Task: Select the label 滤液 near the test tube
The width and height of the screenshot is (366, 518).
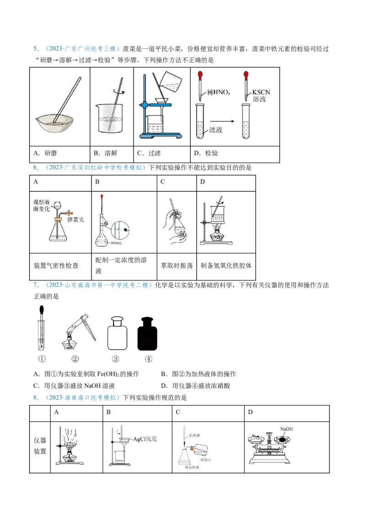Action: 215,130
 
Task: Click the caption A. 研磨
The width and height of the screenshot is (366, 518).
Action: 48,153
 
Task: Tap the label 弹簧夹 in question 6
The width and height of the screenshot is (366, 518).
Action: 76,220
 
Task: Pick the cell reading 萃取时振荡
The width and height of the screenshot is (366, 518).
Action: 177,265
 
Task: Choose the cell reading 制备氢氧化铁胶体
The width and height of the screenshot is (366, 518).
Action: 226,265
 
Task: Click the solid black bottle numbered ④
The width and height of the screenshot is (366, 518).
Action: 148,334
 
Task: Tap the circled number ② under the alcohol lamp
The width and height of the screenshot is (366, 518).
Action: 75,359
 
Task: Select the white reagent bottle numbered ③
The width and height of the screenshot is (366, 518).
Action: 116,334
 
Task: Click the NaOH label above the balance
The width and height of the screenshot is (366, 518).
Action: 286,429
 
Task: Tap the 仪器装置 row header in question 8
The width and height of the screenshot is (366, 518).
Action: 40,446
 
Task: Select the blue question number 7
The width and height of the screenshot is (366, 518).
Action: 35,285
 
